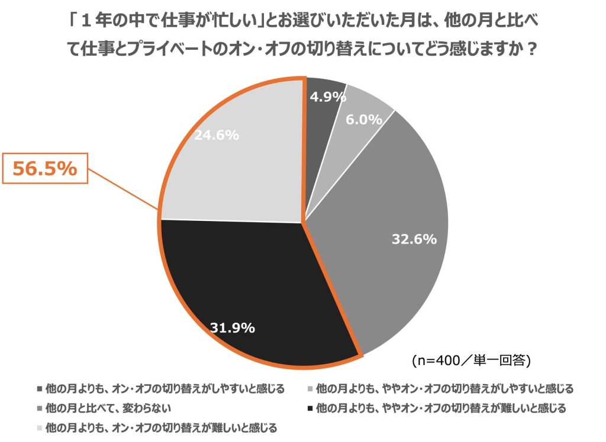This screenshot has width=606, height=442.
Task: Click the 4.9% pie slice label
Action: tap(328, 97)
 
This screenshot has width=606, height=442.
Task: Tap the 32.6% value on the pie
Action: tap(414, 239)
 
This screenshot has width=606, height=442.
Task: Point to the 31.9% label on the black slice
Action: tap(233, 327)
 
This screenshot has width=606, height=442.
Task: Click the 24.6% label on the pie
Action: tap(217, 135)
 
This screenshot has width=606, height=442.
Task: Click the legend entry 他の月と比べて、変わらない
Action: tap(109, 408)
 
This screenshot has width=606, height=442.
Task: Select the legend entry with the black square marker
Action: tap(441, 408)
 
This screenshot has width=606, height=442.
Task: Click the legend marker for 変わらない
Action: tap(39, 408)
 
